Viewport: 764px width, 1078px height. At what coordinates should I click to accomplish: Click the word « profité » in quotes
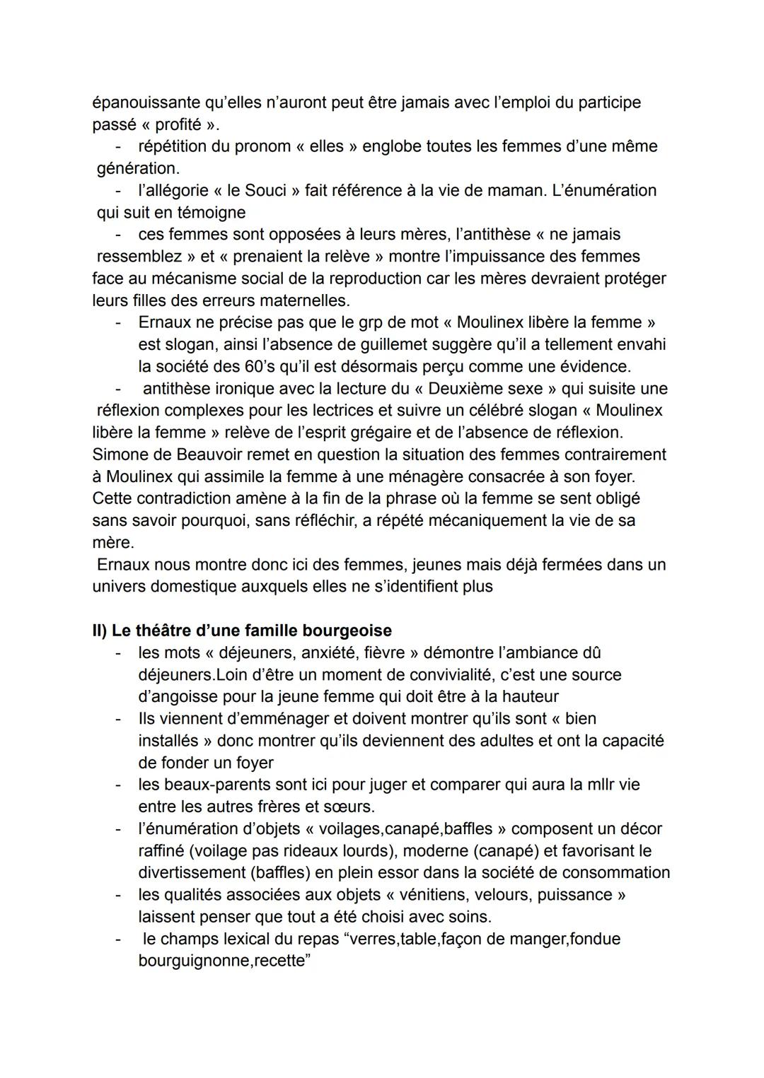point(178,124)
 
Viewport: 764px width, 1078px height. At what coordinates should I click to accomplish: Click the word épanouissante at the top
point(146,102)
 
